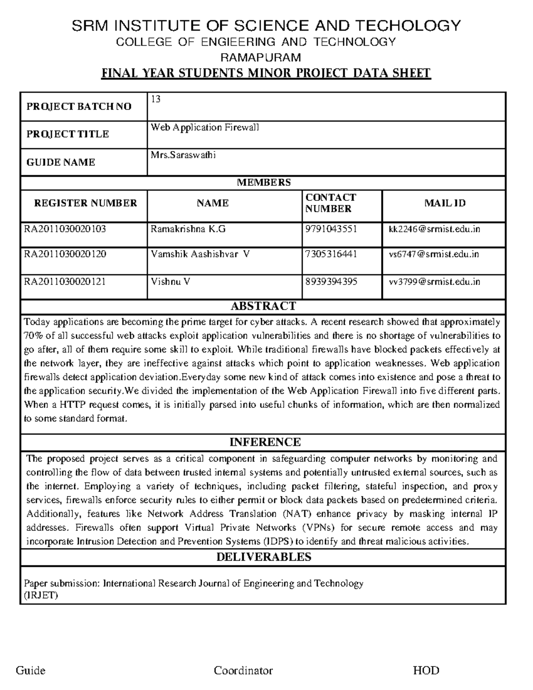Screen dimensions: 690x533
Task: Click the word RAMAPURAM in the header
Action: pyautogui.click(x=261, y=57)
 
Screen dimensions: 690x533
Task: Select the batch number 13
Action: pyautogui.click(x=155, y=99)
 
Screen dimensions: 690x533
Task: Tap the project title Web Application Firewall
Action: pyautogui.click(x=205, y=128)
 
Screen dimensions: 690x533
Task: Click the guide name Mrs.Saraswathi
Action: pyautogui.click(x=183, y=155)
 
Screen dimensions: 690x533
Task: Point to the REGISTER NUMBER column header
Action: pyautogui.click(x=85, y=203)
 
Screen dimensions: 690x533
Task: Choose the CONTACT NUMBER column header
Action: pyautogui.click(x=330, y=203)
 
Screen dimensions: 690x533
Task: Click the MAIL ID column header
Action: pyautogui.click(x=445, y=203)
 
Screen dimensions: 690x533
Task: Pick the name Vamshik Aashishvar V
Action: pyautogui.click(x=200, y=254)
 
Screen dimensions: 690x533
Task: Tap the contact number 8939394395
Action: pyautogui.click(x=331, y=282)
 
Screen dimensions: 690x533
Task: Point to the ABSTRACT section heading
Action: pyautogui.click(x=263, y=306)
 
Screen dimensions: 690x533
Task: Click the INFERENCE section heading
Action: pyautogui.click(x=265, y=442)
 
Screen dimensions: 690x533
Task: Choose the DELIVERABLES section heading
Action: pyautogui.click(x=264, y=557)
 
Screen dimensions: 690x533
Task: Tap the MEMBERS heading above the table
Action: pyautogui.click(x=264, y=182)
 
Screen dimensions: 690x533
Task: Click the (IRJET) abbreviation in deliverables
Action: pyautogui.click(x=40, y=595)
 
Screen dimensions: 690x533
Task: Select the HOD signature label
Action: pyautogui.click(x=426, y=670)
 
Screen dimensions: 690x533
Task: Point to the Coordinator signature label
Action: pyautogui.click(x=243, y=670)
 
